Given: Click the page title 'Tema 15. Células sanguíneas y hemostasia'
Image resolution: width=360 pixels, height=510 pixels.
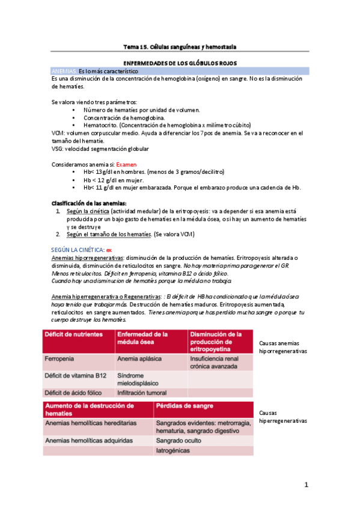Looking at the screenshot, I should [180, 46].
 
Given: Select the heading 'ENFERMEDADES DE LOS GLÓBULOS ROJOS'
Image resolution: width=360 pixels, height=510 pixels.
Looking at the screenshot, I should [180, 63].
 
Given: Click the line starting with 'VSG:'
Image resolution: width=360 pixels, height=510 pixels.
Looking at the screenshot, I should [100, 149].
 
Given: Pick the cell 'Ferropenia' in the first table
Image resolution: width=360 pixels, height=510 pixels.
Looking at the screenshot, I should [59, 358].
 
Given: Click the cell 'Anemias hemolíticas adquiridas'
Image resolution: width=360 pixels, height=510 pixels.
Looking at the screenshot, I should [88, 441].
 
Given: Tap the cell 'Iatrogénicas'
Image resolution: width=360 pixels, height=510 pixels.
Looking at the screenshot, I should [173, 451].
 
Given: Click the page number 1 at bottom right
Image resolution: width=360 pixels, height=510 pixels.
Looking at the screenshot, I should [306, 484].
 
